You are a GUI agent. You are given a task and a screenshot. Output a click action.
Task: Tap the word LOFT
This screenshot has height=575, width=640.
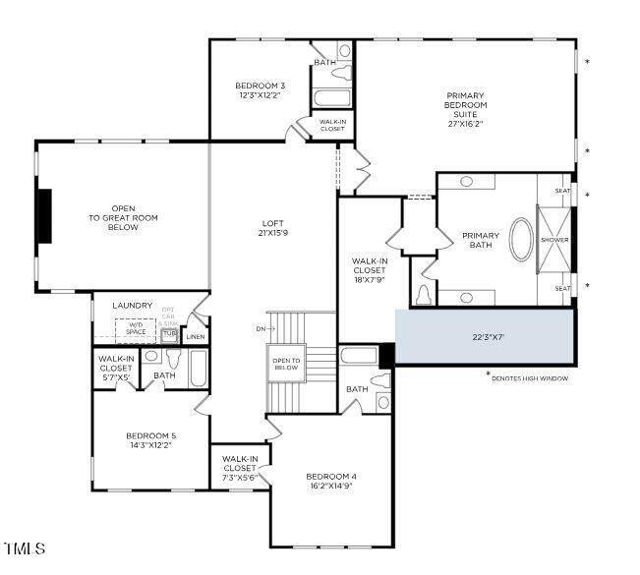click(272, 223)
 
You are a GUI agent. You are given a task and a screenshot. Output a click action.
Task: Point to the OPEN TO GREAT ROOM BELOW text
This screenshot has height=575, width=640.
click(123, 217)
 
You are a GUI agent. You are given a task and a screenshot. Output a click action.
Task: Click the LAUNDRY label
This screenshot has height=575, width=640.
click(133, 306)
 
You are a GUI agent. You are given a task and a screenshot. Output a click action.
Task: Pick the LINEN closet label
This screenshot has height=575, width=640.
click(196, 337)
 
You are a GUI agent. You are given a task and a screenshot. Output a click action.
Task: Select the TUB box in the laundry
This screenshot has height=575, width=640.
click(169, 333)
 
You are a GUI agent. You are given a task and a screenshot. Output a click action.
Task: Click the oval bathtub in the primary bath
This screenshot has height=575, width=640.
click(522, 240)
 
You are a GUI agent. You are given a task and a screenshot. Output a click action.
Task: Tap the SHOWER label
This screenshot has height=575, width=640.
click(554, 240)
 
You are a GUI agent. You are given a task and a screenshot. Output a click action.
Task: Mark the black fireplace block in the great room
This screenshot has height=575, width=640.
click(44, 215)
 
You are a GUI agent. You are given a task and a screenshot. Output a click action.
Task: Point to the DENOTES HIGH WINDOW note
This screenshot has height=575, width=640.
click(531, 377)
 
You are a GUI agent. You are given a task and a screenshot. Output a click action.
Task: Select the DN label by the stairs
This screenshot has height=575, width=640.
click(260, 327)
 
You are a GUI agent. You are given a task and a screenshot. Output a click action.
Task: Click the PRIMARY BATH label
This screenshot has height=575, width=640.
click(481, 240)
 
